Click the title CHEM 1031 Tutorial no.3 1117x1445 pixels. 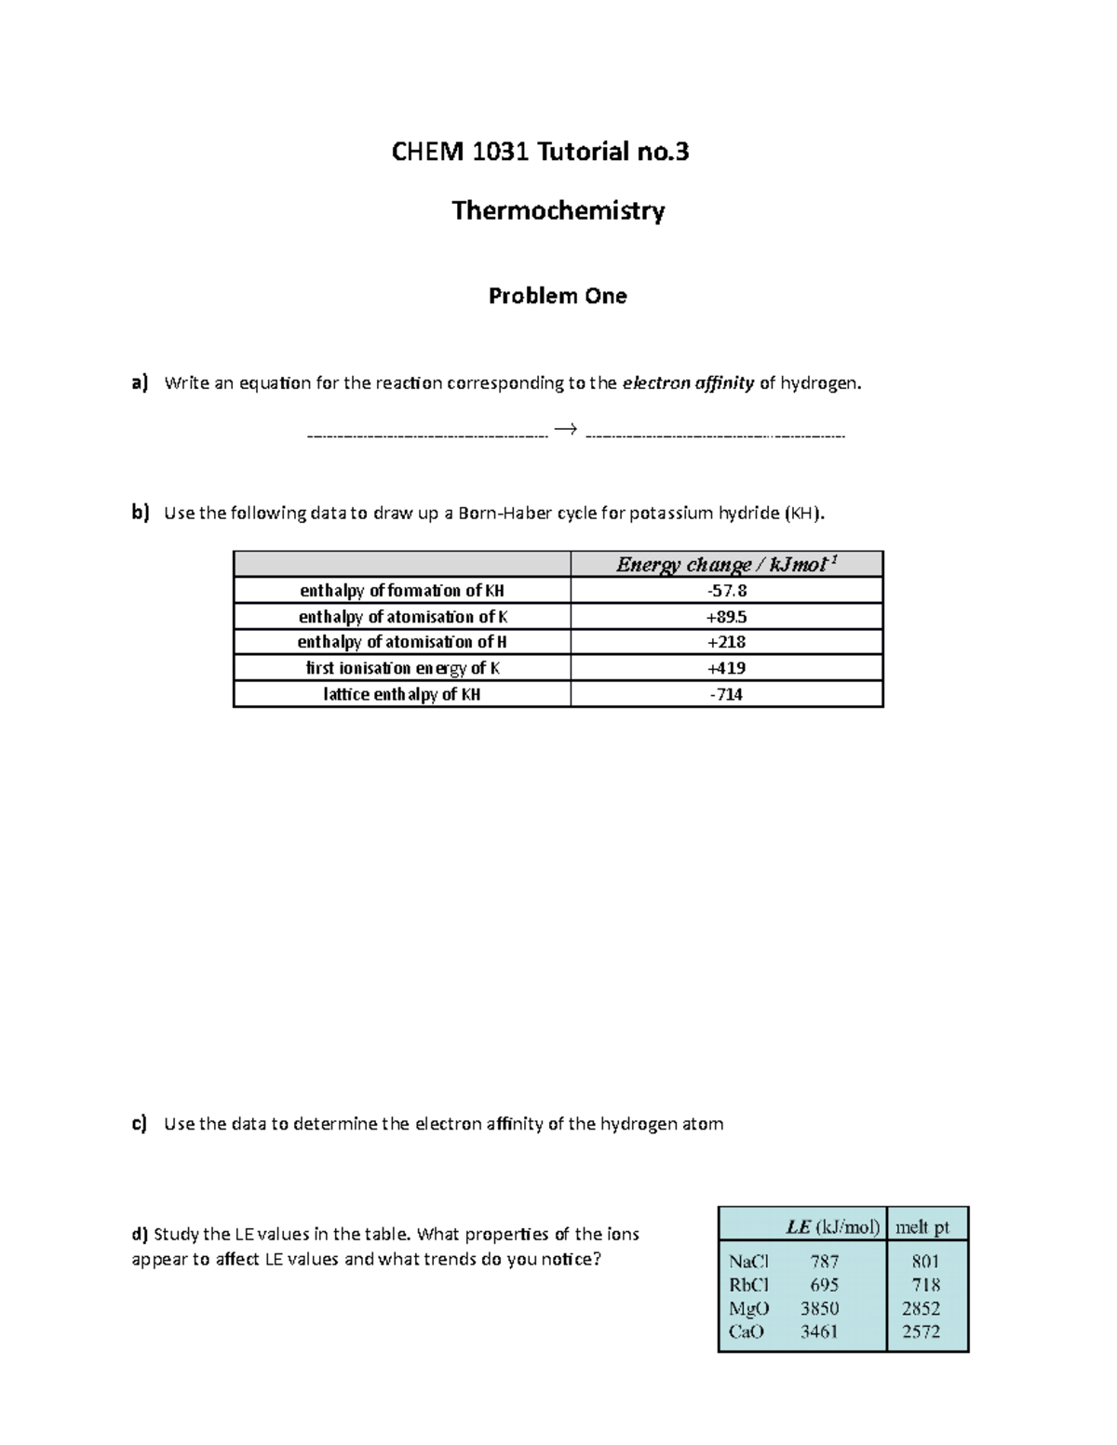coord(540,152)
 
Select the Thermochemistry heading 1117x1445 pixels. coord(558,211)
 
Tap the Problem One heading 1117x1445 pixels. coord(558,296)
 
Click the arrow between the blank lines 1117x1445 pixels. coord(565,429)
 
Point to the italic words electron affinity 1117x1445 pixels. coord(688,382)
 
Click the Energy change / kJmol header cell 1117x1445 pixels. coord(726,565)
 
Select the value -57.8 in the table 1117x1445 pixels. coord(727,591)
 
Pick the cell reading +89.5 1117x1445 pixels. coord(727,617)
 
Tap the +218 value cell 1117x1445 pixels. coord(727,642)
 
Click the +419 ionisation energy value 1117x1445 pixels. coord(727,668)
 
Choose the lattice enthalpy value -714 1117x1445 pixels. coord(727,694)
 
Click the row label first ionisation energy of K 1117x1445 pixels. coord(402,668)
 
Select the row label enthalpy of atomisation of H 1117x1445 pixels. coord(402,642)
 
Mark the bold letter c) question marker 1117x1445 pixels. coord(140,1123)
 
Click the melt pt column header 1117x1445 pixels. coord(922,1227)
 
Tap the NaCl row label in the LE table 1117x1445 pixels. coord(749,1262)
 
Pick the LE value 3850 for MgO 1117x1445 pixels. coord(819,1308)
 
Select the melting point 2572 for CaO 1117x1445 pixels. coord(921,1331)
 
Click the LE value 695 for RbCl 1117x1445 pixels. coord(824,1285)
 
